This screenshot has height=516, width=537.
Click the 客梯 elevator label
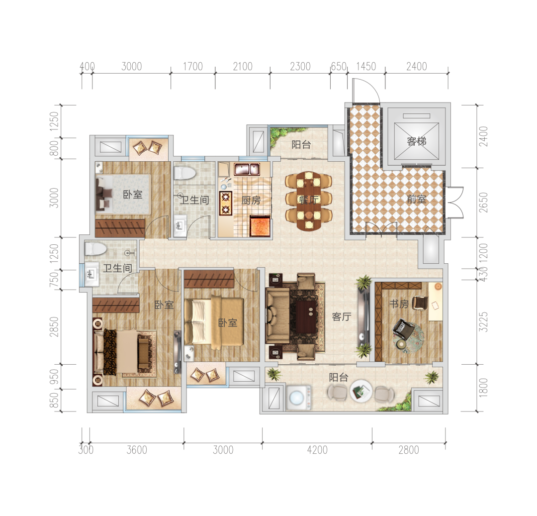(x=417, y=141)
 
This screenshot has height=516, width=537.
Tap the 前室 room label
(x=417, y=199)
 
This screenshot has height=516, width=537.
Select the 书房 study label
(x=399, y=304)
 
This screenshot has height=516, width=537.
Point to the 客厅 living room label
(x=342, y=316)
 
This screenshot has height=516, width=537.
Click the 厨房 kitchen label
(x=251, y=201)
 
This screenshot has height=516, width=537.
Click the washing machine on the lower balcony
(x=299, y=398)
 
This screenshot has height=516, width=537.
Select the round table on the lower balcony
(x=361, y=391)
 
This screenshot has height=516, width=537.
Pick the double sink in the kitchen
(x=247, y=169)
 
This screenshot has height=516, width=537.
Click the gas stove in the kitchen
(x=226, y=203)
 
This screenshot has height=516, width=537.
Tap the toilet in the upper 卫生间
(x=184, y=173)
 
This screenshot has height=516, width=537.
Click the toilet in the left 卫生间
(x=95, y=249)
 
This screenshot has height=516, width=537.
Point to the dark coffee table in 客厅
(x=306, y=316)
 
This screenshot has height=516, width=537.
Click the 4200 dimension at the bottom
(x=317, y=449)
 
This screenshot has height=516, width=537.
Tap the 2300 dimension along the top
(x=300, y=66)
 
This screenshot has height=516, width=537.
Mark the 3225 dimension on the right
(x=483, y=322)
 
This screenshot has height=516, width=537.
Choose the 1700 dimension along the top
(x=193, y=66)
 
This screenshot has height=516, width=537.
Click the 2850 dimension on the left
(x=54, y=326)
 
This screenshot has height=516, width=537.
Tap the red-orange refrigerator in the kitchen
(x=260, y=226)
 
